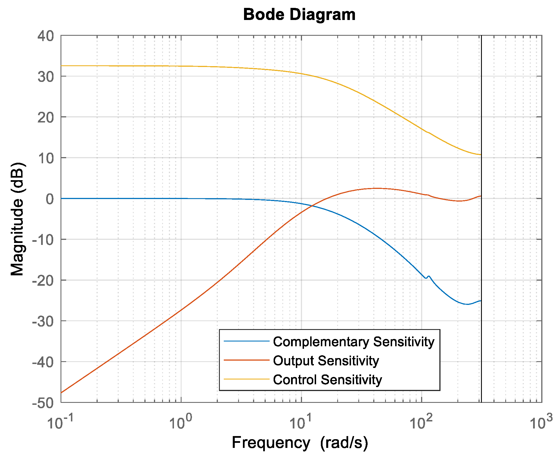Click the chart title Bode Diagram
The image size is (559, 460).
coord(299,15)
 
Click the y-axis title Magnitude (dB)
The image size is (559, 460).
coord(17,219)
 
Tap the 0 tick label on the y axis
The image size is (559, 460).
coord(50,199)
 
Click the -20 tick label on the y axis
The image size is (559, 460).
coord(43,280)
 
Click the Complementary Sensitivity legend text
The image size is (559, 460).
coord(354,342)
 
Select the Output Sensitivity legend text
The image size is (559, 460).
coord(326,361)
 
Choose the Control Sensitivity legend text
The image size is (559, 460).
coord(327,380)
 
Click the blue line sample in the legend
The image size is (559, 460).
coord(247,341)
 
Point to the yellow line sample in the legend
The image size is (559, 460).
coord(247,379)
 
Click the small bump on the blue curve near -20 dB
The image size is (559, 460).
coord(428,276)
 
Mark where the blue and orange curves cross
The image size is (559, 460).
coord(312,206)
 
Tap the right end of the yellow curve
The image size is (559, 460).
coord(480,155)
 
